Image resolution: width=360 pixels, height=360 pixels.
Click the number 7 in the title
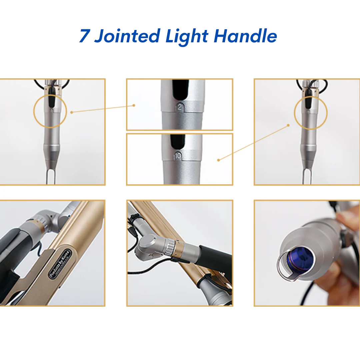point(84,36)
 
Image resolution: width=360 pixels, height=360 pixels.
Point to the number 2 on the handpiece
point(180,107)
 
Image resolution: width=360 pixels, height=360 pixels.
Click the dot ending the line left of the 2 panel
point(134,105)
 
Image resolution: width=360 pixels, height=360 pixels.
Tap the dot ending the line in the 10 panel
point(218,160)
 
